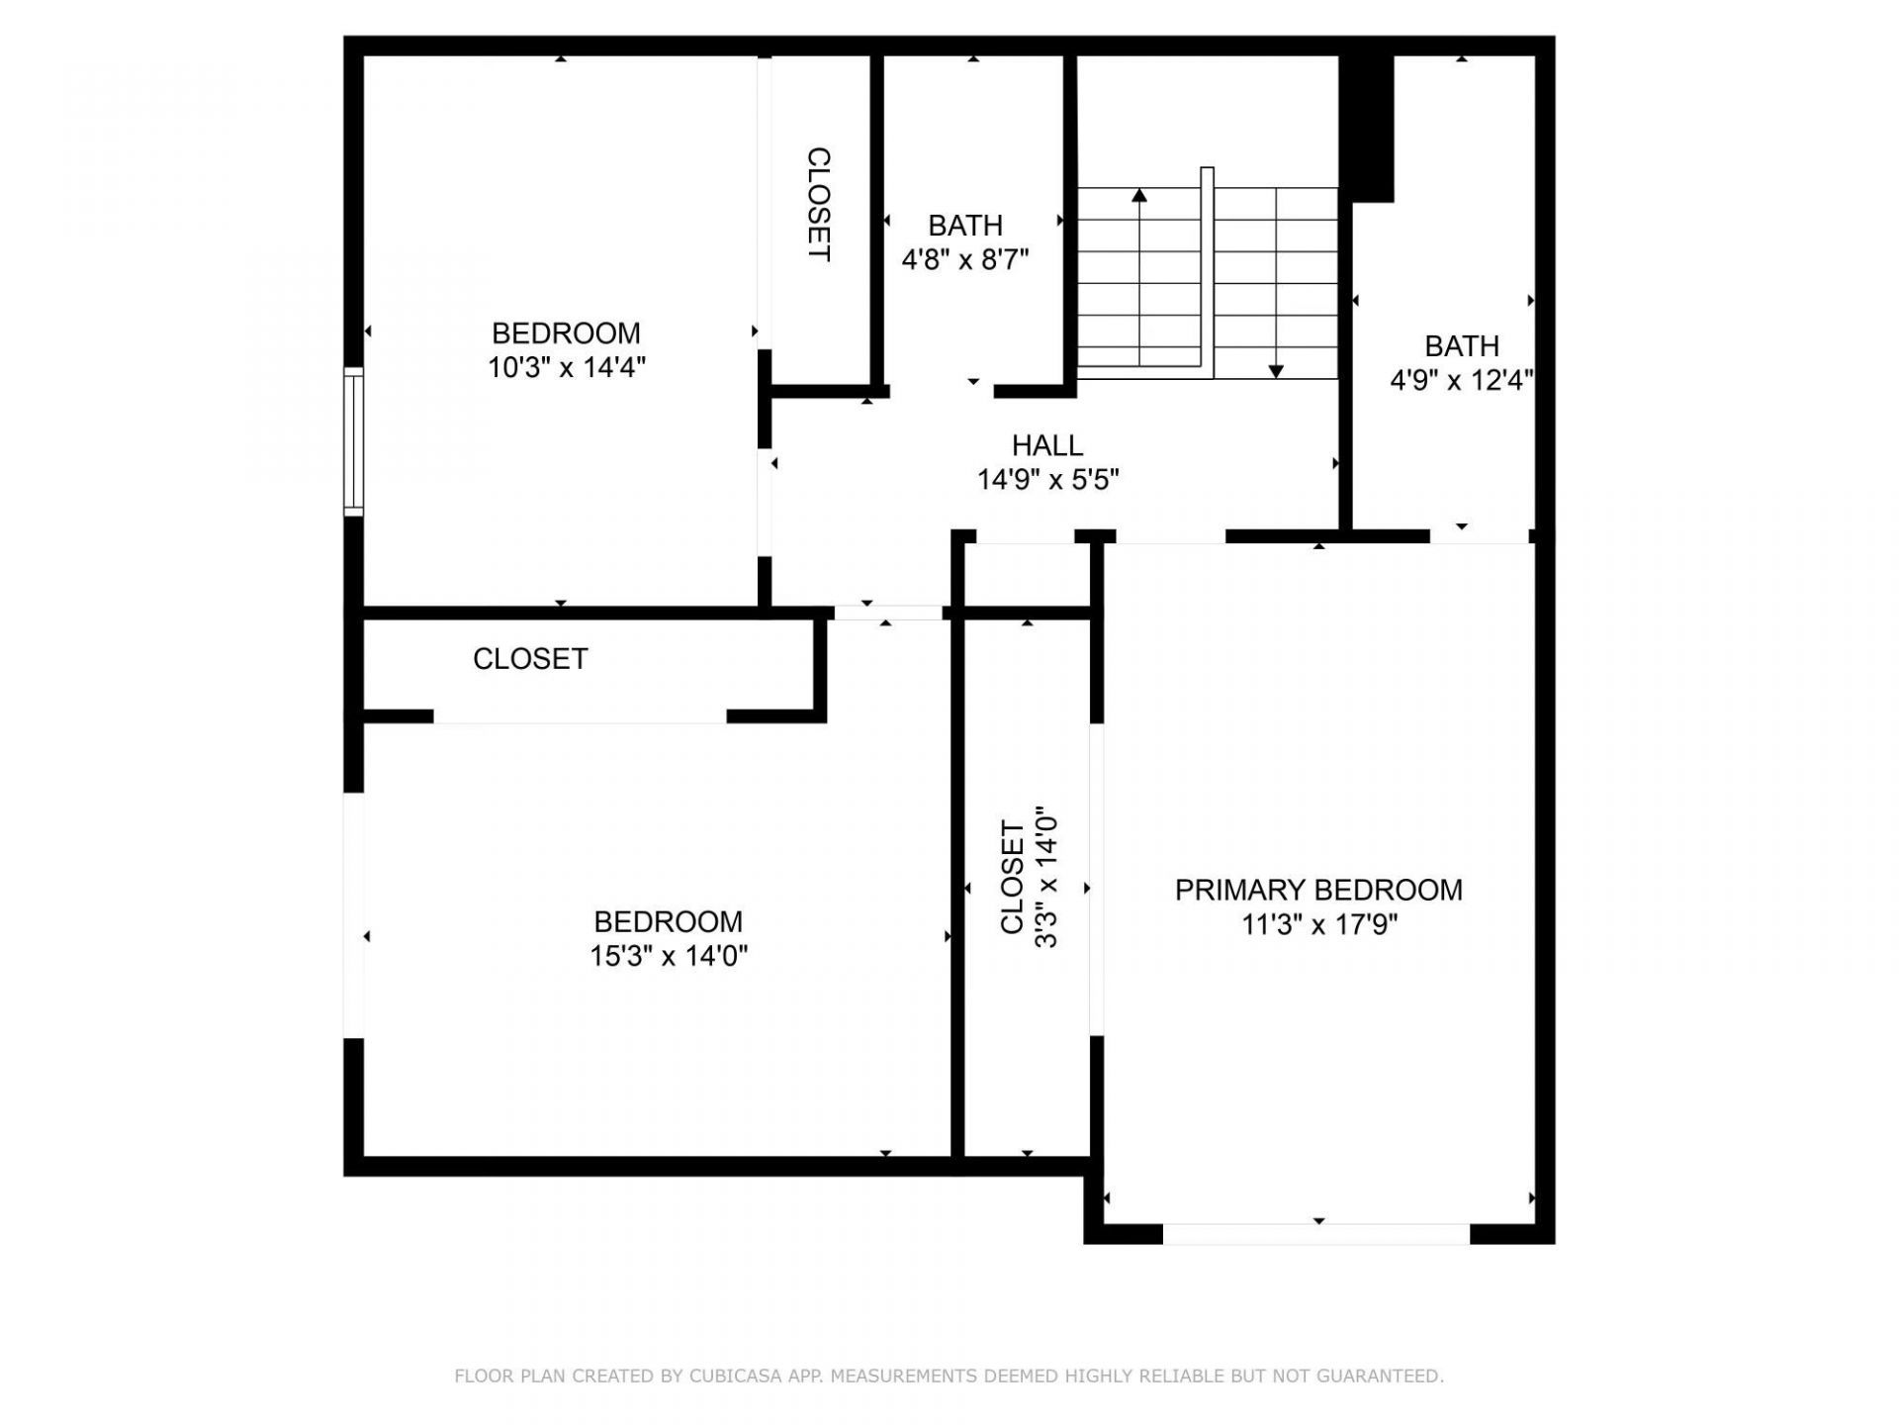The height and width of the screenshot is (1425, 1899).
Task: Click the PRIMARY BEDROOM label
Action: [x=1318, y=890]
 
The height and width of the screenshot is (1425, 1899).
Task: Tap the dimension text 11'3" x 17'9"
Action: [x=1318, y=925]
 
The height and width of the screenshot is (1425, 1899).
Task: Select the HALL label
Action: [x=1047, y=445]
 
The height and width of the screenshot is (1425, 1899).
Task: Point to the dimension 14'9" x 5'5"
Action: [x=1047, y=480]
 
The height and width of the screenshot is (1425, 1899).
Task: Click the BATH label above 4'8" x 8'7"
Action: [x=965, y=226]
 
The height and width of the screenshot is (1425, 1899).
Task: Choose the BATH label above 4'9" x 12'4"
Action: [x=1461, y=346]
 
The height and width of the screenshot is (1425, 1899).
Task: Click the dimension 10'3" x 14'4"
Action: [x=566, y=368]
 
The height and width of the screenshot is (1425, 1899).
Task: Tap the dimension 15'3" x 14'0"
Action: [x=669, y=957]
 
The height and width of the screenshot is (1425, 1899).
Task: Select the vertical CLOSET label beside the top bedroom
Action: [x=819, y=205]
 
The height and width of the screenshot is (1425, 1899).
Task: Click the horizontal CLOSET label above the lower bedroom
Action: [x=530, y=659]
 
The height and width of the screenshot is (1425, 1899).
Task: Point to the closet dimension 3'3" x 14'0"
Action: [x=1046, y=877]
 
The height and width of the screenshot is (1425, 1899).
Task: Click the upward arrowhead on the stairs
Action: [x=1139, y=195]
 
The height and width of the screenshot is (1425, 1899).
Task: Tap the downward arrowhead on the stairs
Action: [x=1276, y=371]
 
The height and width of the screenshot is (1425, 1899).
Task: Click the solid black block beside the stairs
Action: [x=1366, y=127]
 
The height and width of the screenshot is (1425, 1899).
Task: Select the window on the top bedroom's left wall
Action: [x=353, y=441]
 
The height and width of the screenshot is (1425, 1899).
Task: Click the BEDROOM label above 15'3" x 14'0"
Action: [x=669, y=921]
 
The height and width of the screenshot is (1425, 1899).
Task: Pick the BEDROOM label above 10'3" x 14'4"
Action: [x=566, y=332]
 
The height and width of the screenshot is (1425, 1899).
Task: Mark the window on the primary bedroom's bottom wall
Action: [x=1316, y=1234]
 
